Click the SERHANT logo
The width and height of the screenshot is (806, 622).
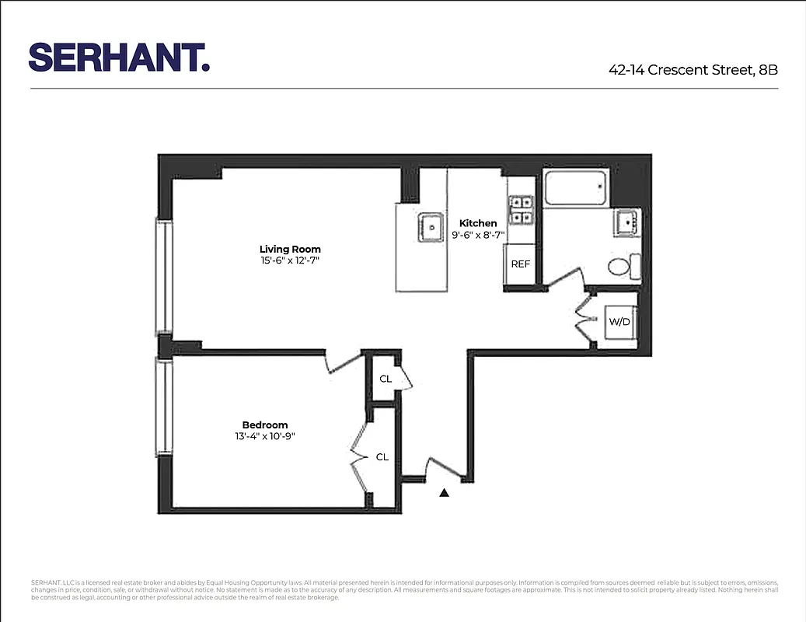tap(119, 58)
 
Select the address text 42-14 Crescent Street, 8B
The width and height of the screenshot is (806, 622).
tap(693, 69)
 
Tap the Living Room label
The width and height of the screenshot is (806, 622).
tap(290, 249)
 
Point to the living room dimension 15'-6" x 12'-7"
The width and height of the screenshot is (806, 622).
tap(290, 260)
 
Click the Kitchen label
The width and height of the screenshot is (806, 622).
tap(478, 223)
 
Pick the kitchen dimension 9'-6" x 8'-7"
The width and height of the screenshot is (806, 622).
tap(479, 234)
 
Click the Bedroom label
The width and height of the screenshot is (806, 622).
tap(265, 425)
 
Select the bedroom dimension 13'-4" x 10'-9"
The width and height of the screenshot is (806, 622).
tap(265, 436)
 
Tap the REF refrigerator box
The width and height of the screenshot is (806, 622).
tap(520, 264)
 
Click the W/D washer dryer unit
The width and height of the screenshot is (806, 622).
tap(619, 321)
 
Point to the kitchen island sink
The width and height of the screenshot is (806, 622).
tap(429, 227)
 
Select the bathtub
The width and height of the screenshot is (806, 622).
tap(576, 189)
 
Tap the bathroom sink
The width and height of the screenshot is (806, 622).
tap(626, 223)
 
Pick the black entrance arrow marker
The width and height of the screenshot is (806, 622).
tap(445, 492)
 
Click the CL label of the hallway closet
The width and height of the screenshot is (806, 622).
tap(386, 379)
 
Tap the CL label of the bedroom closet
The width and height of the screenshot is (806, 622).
tap(382, 457)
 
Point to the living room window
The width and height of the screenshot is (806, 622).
tap(164, 277)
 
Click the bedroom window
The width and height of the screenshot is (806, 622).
tap(164, 407)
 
